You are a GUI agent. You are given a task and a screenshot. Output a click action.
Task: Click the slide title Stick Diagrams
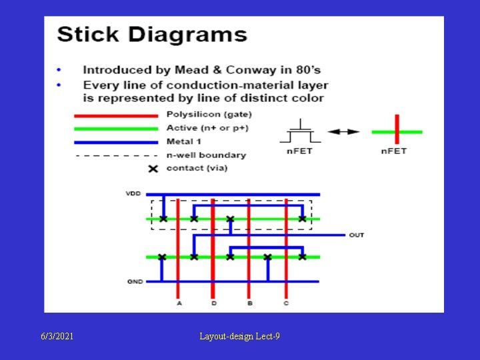pos(152,35)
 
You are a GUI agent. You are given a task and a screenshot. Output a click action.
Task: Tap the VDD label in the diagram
pos(133,194)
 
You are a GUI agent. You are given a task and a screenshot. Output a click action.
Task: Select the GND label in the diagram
pos(135,281)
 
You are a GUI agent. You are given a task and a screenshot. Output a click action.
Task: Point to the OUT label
pos(357,235)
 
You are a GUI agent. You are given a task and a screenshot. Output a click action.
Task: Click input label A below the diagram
pos(179,303)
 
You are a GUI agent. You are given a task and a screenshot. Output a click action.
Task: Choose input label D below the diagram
pos(213,303)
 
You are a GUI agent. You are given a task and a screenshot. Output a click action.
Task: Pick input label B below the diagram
pos(249,303)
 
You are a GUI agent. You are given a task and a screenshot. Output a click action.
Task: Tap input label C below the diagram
pos(285,303)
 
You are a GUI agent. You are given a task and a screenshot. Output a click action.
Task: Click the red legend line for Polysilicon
pos(116,115)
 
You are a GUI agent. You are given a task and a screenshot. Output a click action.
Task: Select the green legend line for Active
pos(116,128)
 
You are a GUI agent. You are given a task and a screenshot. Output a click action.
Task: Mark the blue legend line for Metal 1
pos(116,141)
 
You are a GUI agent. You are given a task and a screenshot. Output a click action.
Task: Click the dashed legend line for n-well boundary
pos(116,155)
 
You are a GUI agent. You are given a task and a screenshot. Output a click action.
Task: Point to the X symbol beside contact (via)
pos(153,169)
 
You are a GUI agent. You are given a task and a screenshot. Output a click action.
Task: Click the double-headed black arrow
pos(344,131)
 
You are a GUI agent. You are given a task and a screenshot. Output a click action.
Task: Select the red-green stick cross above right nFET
pos(396,131)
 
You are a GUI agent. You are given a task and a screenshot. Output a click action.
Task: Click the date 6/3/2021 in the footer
pos(56,337)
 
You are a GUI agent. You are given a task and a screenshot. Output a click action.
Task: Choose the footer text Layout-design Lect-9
pos(239,337)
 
